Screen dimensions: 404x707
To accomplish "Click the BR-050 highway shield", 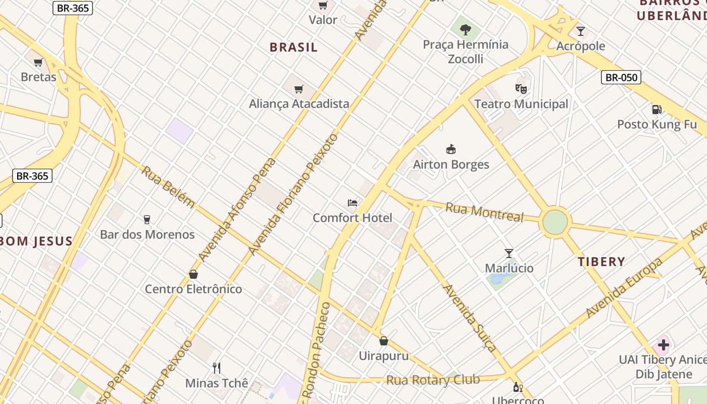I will coord(621,77).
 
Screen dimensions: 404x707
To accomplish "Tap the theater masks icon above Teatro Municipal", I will coord(521,89).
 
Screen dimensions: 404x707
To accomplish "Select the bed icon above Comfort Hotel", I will coord(352,203).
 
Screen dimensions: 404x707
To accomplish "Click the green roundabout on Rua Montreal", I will coord(555,222).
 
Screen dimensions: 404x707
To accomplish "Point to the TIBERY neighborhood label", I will coord(601,262).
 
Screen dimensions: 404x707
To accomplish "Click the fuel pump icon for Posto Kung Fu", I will coord(656,109).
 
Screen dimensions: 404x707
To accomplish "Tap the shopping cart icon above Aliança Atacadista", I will coord(299,89).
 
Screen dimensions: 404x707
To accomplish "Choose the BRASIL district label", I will coord(293,47).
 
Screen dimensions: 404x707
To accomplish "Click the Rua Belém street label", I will coord(168,186).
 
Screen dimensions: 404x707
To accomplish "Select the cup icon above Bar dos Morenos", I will coord(147,219).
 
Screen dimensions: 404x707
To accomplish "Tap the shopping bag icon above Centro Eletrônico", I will coord(193,274).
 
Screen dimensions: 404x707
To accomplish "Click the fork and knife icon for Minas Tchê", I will coord(217,368).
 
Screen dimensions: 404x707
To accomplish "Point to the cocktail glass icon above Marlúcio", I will coord(509,253).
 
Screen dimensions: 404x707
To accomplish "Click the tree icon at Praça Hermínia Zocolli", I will coord(465,29).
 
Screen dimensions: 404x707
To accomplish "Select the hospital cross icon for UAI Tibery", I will coord(664,345).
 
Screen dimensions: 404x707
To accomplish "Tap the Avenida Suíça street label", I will coord(470,318).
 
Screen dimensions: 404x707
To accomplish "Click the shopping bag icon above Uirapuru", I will coord(384,341).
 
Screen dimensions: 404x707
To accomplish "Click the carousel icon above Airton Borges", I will coord(451,149).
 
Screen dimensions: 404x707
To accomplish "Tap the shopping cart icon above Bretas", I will coord(38,63).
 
